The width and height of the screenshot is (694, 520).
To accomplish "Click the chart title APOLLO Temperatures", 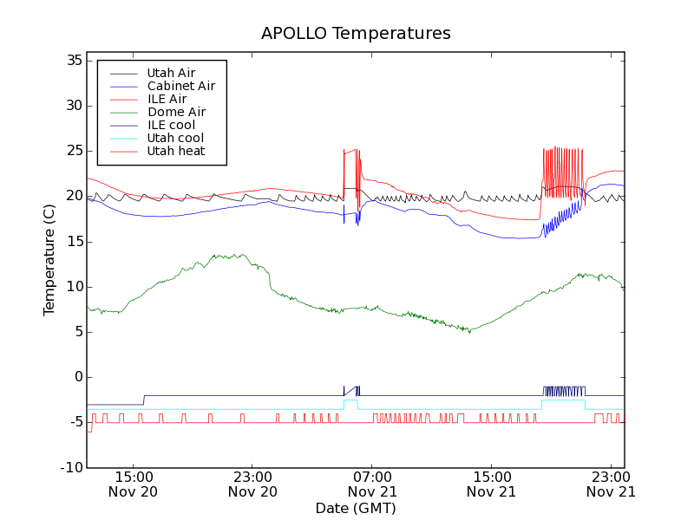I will point(356,34).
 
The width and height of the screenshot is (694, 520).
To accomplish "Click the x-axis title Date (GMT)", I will point(355,508).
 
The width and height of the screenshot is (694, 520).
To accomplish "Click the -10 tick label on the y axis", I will point(70,468).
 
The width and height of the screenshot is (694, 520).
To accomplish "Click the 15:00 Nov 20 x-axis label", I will point(134,484).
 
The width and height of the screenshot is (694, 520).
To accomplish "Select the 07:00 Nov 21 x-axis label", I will point(372,484).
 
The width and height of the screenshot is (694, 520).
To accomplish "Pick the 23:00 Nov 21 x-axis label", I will point(611,484).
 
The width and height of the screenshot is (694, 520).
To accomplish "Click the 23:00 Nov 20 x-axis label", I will point(252,484).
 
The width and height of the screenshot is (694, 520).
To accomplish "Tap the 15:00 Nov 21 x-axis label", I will point(491,484).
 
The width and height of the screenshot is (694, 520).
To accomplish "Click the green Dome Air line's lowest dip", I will point(470,332).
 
